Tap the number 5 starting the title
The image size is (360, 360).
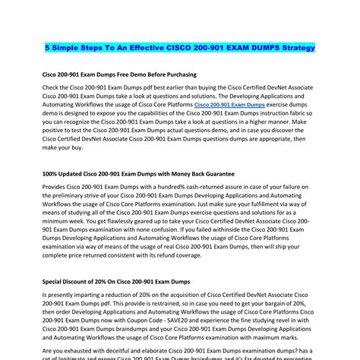click(x=46, y=47)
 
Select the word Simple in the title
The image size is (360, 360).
click(x=70, y=47)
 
